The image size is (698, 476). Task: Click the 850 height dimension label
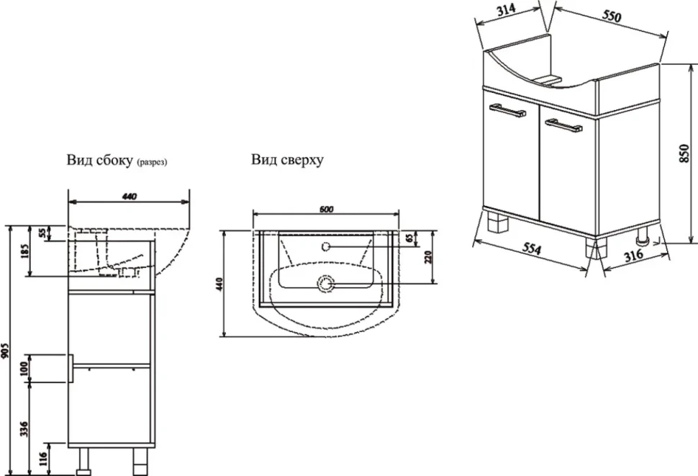[684, 153]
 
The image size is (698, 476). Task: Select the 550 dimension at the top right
[612, 16]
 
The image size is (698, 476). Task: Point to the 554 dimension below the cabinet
[531, 248]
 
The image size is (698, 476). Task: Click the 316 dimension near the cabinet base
[633, 255]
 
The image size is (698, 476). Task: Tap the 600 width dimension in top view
[326, 210]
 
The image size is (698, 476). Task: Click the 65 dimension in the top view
[422, 238]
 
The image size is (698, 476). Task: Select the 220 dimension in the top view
[428, 257]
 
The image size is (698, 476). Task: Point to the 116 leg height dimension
[43, 459]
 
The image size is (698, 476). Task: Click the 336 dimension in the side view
[24, 428]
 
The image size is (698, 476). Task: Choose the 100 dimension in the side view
[24, 368]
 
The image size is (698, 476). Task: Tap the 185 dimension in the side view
[24, 251]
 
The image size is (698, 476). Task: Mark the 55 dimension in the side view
[42, 233]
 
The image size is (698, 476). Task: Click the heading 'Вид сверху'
[287, 161]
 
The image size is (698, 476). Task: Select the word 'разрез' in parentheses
[153, 163]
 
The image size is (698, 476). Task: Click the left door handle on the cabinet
[508, 110]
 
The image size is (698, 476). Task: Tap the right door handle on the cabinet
[564, 125]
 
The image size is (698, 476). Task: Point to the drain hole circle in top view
[325, 284]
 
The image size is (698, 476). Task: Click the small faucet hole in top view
[325, 246]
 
